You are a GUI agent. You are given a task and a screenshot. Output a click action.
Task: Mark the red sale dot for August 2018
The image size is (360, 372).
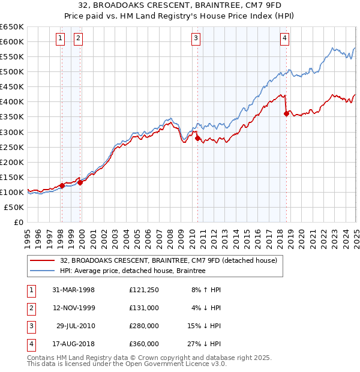(286, 113)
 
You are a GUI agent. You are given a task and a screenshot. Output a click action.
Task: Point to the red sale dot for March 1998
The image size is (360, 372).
(62, 185)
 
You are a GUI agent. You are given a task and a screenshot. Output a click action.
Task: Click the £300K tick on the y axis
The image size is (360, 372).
(12, 132)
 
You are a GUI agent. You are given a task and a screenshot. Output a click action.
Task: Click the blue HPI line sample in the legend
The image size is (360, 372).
(42, 271)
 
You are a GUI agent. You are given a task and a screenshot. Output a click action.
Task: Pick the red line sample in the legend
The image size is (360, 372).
(42, 260)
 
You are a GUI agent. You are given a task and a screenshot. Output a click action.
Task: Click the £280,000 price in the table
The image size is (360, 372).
(144, 327)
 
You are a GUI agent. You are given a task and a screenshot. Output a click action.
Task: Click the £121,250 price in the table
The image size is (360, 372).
(144, 290)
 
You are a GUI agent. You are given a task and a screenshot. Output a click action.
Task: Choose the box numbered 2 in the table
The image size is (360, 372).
(31, 308)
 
